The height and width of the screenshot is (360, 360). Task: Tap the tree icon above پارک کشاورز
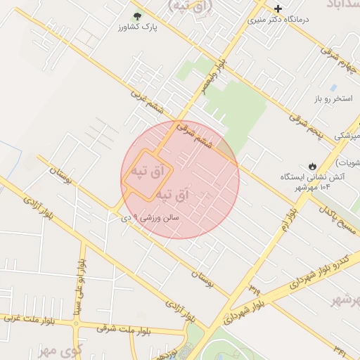136,15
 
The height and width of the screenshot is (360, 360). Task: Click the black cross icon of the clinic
278,9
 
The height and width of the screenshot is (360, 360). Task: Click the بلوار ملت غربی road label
28,321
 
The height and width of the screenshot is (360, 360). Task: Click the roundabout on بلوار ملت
77,324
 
